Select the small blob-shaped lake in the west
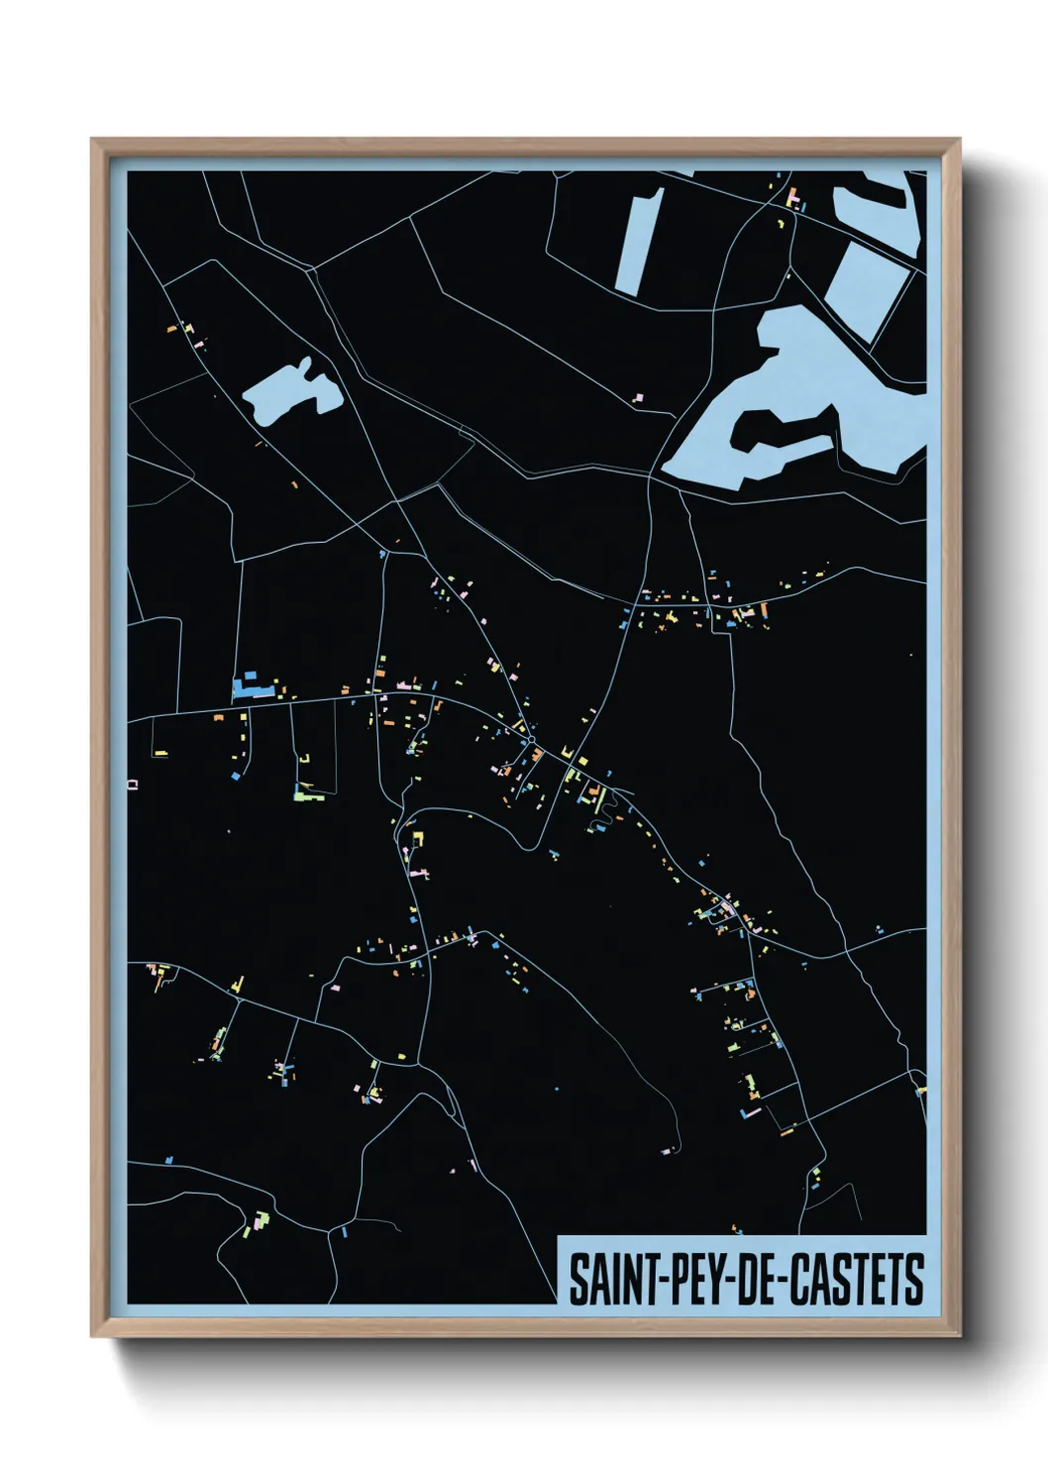(288, 393)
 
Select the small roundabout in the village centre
(531, 739)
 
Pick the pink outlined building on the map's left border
(133, 785)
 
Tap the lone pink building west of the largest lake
(638, 397)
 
